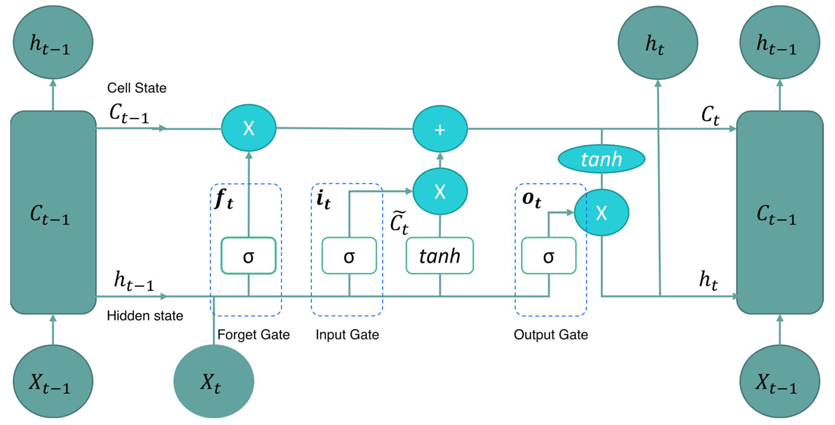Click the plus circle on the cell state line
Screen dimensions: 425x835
(x=440, y=129)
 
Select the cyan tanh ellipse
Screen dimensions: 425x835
(x=601, y=159)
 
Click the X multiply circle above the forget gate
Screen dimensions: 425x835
(x=249, y=128)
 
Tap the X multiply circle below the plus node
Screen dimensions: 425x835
(x=440, y=192)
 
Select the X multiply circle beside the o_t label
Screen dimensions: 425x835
(x=601, y=212)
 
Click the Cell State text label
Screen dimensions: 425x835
(x=137, y=88)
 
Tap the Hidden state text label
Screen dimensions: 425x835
(x=145, y=316)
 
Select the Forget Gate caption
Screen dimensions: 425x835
(x=254, y=335)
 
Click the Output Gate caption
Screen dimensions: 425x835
(x=551, y=335)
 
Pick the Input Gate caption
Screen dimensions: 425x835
(x=347, y=335)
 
